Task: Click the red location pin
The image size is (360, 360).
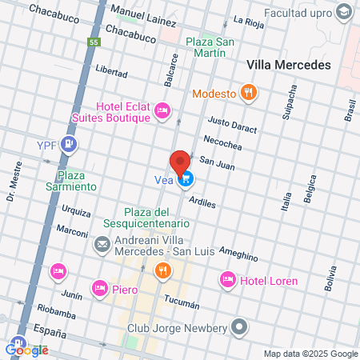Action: click(x=180, y=162)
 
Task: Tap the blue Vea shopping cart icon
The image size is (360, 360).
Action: click(x=186, y=179)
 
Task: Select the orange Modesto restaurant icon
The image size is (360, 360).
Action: click(x=250, y=93)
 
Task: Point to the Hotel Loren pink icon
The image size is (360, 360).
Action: click(x=227, y=280)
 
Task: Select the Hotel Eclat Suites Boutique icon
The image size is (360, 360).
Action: click(x=162, y=110)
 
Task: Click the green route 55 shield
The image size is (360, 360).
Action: click(x=94, y=42)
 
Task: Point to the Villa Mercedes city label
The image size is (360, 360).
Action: click(x=289, y=66)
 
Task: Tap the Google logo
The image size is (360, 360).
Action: click(x=26, y=349)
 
